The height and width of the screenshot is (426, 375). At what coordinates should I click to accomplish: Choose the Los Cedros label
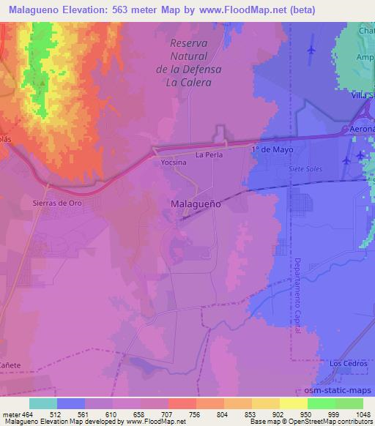[x=346, y=364]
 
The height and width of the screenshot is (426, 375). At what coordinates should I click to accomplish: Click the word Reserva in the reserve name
[x=188, y=44]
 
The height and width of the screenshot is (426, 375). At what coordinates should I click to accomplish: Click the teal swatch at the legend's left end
[x=43, y=403]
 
